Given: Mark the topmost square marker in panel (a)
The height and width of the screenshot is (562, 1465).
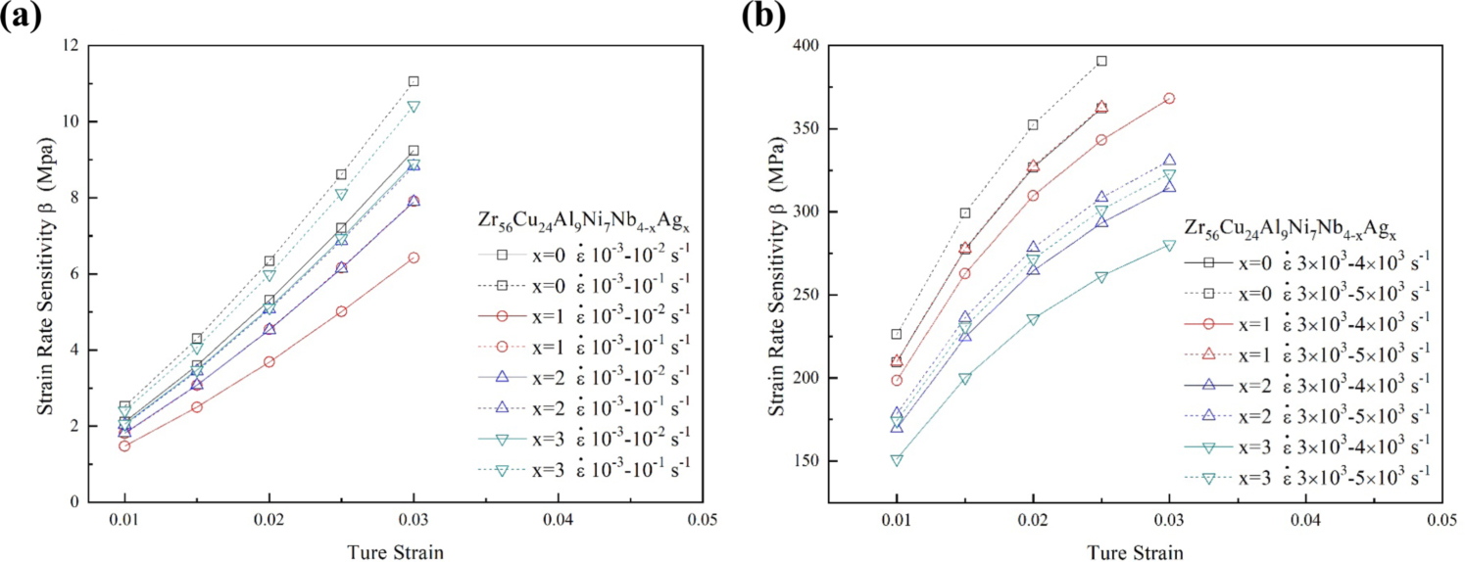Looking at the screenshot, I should coord(414,81).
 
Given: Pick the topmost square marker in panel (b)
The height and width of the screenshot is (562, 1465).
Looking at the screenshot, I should coord(1101,61).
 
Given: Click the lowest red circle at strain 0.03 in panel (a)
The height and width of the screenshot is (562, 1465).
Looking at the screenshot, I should coord(414,258).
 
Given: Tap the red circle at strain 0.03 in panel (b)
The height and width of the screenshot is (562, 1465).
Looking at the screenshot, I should coord(1169,98).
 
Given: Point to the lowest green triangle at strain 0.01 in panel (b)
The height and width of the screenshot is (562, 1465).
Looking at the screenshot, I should coord(897,459).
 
